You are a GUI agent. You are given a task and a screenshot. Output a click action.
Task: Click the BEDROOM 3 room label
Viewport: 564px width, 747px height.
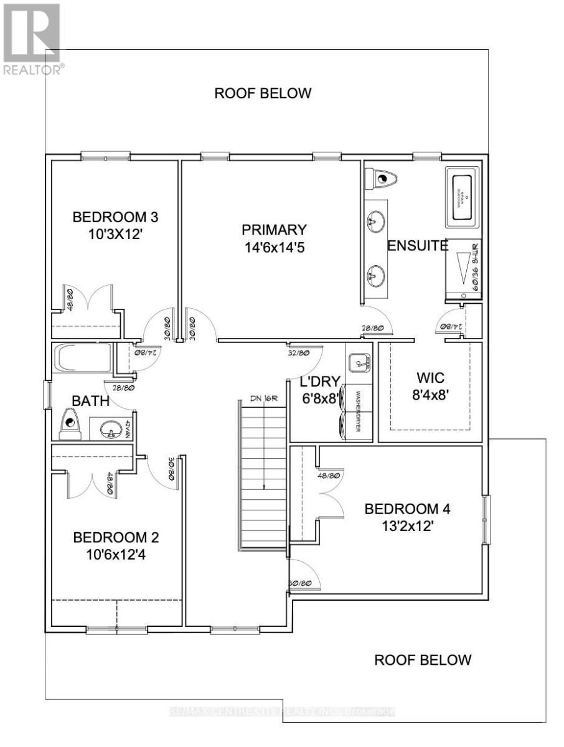tap(116, 218)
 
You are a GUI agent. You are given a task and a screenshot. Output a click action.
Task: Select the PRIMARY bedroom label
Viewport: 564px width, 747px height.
tap(275, 230)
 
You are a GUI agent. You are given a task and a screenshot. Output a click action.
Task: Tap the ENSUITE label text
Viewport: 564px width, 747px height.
tap(418, 246)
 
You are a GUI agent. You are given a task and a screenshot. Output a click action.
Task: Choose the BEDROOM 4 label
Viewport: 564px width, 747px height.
tap(407, 509)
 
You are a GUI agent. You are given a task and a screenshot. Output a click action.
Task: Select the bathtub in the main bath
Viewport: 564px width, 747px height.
tap(83, 359)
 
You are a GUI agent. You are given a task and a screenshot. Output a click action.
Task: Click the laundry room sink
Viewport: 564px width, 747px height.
tap(359, 362)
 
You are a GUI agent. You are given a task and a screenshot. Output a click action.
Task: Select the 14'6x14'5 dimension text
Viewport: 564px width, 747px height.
tap(275, 247)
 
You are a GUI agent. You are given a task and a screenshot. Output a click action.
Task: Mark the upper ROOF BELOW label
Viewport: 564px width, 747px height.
tap(262, 94)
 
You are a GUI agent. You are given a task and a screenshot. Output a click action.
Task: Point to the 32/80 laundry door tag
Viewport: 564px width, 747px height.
tap(299, 353)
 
